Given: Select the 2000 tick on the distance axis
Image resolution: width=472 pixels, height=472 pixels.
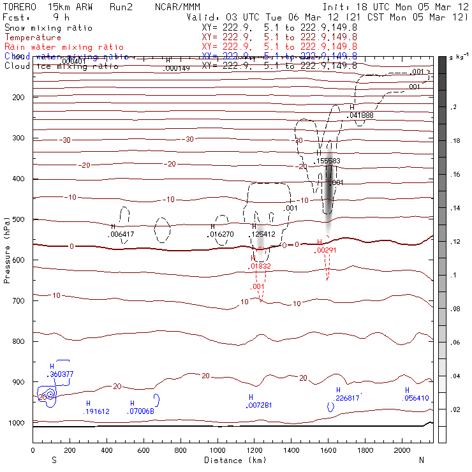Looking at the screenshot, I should (x=402, y=450).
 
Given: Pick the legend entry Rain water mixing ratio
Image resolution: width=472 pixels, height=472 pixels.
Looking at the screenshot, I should (x=64, y=47).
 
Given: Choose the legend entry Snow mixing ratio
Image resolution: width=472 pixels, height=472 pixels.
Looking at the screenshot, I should (x=48, y=28).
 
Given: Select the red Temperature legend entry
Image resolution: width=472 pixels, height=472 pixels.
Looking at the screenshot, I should (x=33, y=38).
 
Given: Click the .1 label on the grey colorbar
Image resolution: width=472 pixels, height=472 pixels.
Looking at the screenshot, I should (x=454, y=275).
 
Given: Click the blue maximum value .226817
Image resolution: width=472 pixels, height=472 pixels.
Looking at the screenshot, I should (x=347, y=398).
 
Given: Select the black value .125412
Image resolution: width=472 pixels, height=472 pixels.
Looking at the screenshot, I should (x=263, y=234).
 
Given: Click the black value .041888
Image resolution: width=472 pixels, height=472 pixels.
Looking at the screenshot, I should (x=360, y=115).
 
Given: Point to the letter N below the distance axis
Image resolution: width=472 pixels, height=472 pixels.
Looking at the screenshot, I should (x=421, y=459).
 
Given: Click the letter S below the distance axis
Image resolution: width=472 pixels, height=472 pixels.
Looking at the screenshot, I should (x=54, y=459).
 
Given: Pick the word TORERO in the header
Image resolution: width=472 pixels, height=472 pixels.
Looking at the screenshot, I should (x=19, y=7).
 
